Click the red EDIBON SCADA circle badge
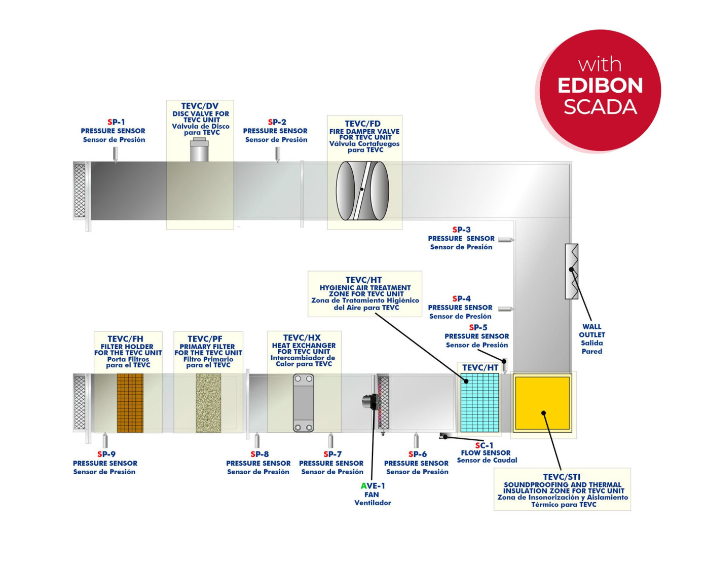point(600,90)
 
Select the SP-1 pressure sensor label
point(116,122)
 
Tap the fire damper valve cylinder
point(362,191)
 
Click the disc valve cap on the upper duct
point(199,150)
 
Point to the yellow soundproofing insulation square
point(542,402)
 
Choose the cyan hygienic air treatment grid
point(479,402)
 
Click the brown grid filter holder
point(130,403)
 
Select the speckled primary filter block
point(208,403)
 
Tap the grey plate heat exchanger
point(304,403)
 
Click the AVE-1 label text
point(373,486)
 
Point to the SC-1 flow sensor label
point(484,445)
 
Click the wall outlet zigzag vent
point(572,271)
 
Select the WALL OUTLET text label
point(591,331)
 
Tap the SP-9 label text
point(106,454)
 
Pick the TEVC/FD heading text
point(363,124)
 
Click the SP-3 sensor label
point(461,230)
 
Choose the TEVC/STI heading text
point(562,477)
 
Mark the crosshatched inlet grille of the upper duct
point(80,191)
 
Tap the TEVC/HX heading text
point(302,338)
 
